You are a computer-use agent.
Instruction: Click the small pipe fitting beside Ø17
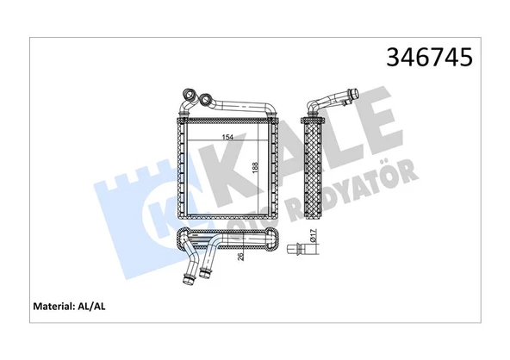(304, 252)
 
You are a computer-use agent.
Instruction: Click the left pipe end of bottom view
(187, 277)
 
